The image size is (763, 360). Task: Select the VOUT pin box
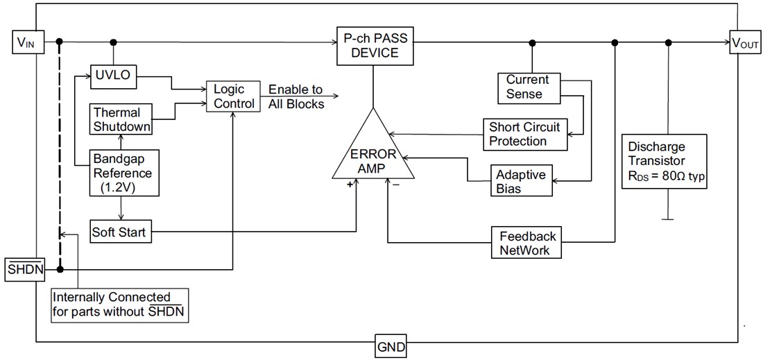[x=745, y=43]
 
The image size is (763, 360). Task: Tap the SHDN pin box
[x=25, y=270]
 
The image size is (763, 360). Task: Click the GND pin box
[x=391, y=346]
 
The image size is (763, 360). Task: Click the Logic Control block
[x=229, y=97]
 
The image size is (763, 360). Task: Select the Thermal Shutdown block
[x=117, y=119]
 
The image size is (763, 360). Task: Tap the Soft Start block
[x=119, y=232]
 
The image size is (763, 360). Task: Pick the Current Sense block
[x=527, y=87]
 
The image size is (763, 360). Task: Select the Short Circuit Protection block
[x=524, y=134]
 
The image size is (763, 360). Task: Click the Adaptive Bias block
[x=522, y=181]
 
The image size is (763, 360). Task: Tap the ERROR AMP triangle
[x=373, y=153]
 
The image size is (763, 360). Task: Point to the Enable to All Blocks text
[x=296, y=97]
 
